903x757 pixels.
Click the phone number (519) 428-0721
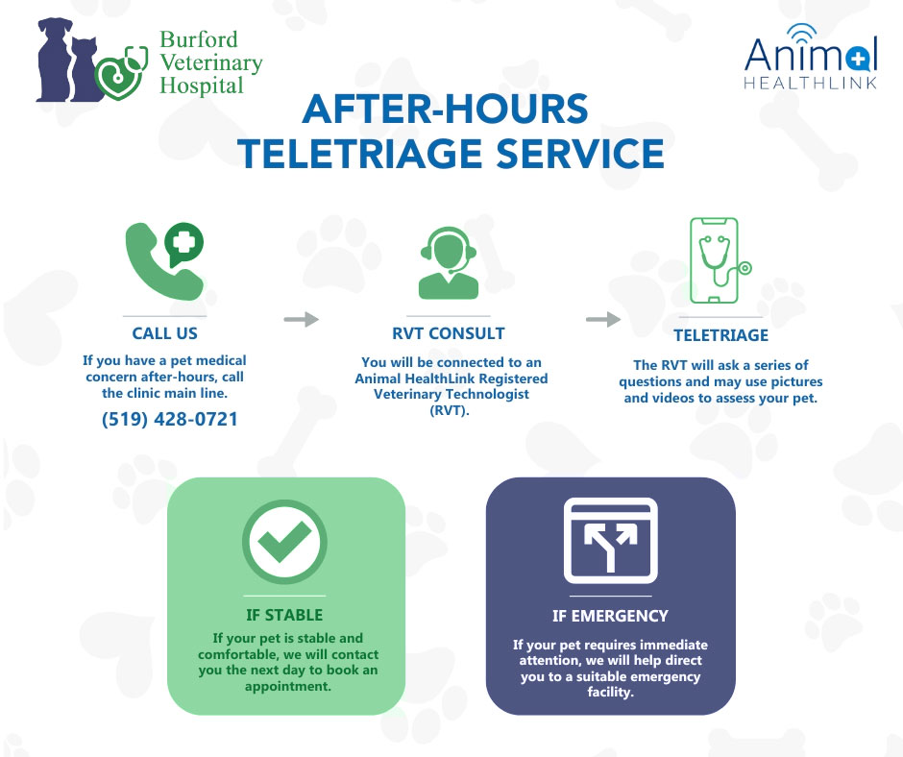coord(170,419)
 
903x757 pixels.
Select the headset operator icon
coord(448,264)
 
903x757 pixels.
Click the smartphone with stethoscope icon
coord(720,259)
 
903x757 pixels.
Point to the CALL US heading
coord(164,333)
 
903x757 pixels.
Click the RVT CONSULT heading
coord(448,333)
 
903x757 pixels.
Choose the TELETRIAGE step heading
coord(721,335)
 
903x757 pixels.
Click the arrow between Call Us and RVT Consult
coord(302,319)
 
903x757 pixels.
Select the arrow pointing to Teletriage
coord(603,319)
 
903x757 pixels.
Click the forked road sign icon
coord(610,541)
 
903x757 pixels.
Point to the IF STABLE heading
coord(284,615)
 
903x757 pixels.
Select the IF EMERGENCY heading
coord(610,617)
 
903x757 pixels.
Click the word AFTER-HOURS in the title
coord(445,109)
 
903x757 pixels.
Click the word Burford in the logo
coord(198,39)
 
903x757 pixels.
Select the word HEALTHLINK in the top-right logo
coord(810,83)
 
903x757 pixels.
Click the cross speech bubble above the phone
coord(183,244)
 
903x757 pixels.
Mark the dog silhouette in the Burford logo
coord(55,60)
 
